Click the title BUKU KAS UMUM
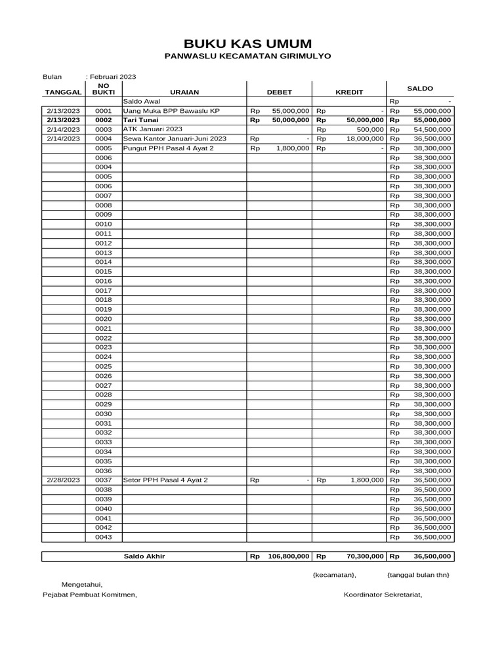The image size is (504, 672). pyautogui.click(x=247, y=44)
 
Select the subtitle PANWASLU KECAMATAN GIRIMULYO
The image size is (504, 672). pyautogui.click(x=247, y=57)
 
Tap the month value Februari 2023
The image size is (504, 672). pyautogui.click(x=112, y=77)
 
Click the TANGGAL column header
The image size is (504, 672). pyautogui.click(x=63, y=93)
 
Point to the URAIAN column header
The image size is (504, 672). pyautogui.click(x=184, y=93)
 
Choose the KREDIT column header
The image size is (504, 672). pyautogui.click(x=349, y=93)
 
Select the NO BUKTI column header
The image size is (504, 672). pyautogui.click(x=103, y=89)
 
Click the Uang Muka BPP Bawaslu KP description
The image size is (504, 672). pyautogui.click(x=171, y=112)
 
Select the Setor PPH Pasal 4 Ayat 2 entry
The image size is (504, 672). pyautogui.click(x=165, y=480)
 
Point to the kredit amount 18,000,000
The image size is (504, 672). pyautogui.click(x=365, y=139)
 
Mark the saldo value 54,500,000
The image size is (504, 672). pyautogui.click(x=432, y=130)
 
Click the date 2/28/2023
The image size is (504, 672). pyautogui.click(x=63, y=480)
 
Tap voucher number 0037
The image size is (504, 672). pyautogui.click(x=103, y=480)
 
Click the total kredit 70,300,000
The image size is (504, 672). pyautogui.click(x=365, y=557)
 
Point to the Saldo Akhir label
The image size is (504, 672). pyautogui.click(x=144, y=557)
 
